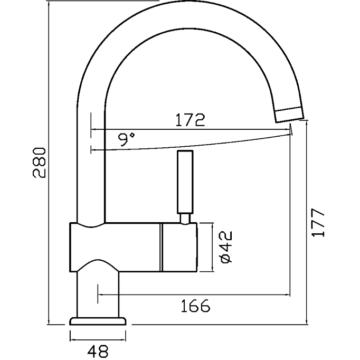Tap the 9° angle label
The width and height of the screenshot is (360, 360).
click(126, 139)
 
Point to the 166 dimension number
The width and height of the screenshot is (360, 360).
click(195, 305)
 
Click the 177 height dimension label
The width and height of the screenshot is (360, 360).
click(317, 222)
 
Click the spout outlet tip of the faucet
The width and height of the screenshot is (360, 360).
click(290, 112)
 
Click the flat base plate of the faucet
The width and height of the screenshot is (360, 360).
click(99, 320)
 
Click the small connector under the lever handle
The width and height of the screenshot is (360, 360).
click(185, 217)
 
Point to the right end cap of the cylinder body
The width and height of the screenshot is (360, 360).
click(179, 247)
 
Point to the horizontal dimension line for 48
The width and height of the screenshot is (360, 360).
click(99, 340)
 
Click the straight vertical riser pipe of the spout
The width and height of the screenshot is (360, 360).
click(91, 158)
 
